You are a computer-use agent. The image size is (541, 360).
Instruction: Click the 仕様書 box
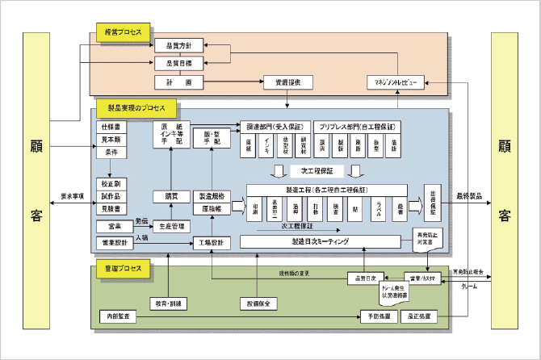coord(111,128)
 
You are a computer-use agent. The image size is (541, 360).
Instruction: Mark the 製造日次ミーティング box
coord(321,241)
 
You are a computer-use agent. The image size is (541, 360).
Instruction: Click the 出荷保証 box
coord(434,203)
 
